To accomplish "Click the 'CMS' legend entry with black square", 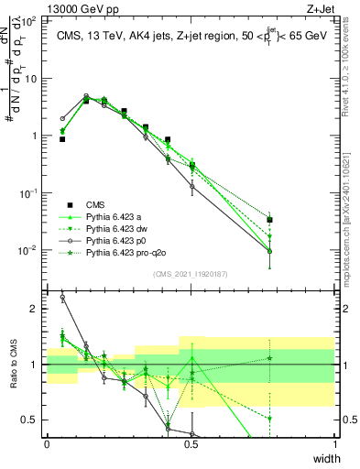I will click(x=95, y=204).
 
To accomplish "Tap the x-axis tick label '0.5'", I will click(x=191, y=444).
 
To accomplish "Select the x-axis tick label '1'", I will click(x=335, y=444).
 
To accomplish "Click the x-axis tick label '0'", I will click(x=47, y=444).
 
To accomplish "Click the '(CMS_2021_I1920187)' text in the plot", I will click(x=191, y=274).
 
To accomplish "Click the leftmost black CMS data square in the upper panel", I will click(x=62, y=139).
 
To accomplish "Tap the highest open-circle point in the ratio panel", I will click(x=62, y=297).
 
